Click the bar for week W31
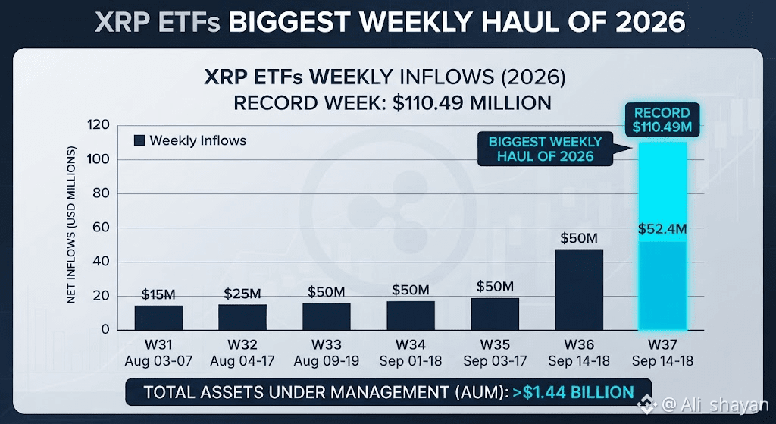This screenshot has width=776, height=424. click(x=158, y=318)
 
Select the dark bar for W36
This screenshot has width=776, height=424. click(x=579, y=290)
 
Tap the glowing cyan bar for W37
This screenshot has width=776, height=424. click(x=663, y=236)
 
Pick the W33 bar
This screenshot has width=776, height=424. click(x=327, y=316)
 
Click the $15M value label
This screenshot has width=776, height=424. click(x=158, y=294)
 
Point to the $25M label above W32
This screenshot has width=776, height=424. click(x=242, y=294)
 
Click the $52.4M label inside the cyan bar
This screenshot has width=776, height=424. click(x=662, y=229)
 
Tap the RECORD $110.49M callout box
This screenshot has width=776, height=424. click(x=662, y=119)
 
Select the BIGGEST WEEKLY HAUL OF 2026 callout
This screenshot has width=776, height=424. click(x=546, y=149)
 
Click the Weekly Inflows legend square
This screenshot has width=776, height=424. click(x=139, y=140)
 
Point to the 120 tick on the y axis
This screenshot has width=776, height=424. click(x=99, y=125)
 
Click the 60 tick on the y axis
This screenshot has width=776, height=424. click(x=102, y=228)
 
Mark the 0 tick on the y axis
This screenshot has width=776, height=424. click(x=105, y=330)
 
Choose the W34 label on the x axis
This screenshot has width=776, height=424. click(x=410, y=344)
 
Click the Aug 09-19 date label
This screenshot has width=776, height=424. click(x=327, y=361)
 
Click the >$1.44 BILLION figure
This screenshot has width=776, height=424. click(x=573, y=392)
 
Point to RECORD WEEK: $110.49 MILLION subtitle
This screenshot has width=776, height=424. click(x=393, y=103)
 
